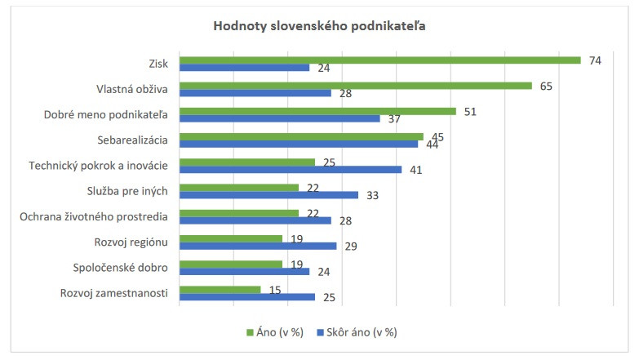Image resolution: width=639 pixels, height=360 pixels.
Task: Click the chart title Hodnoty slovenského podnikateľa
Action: pos(320,25)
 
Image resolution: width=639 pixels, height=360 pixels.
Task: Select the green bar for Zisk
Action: pos(379,60)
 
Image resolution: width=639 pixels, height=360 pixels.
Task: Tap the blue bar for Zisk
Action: pos(244,68)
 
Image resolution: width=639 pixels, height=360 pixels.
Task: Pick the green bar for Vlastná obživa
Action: pos(355,85)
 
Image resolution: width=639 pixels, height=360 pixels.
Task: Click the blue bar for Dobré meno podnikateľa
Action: pos(279,118)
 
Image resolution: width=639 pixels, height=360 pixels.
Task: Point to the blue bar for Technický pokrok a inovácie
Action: pos(290,170)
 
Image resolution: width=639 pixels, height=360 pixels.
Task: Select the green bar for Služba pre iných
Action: pos(238,187)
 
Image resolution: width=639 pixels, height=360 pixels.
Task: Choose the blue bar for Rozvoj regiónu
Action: pos(257,246)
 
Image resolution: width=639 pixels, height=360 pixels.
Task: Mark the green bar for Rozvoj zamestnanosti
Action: pos(220,289)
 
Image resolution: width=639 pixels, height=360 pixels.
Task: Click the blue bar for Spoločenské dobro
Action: pos(244,271)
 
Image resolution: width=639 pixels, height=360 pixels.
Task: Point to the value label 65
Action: pos(546,85)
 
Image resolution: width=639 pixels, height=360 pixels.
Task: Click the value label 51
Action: pos(469,111)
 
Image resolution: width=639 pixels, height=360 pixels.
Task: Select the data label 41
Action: pos(415,170)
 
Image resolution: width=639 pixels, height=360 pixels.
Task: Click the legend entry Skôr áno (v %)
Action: pos(356,332)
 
